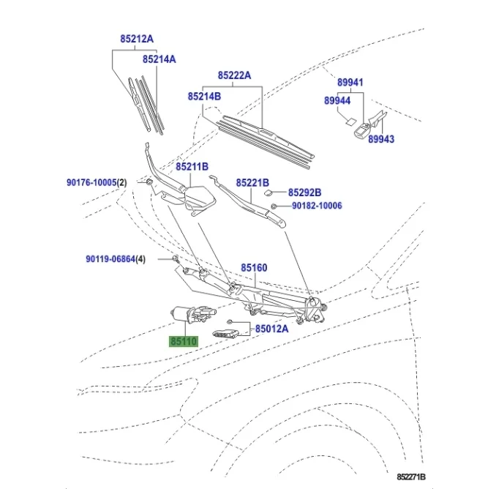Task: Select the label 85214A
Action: pyautogui.click(x=159, y=59)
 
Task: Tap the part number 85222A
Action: pyautogui.click(x=234, y=75)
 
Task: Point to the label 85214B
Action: pyautogui.click(x=204, y=96)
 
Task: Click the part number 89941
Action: pyautogui.click(x=350, y=83)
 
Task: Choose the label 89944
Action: pyautogui.click(x=337, y=100)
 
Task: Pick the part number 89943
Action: pyautogui.click(x=380, y=138)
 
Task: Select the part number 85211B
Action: pyautogui.click(x=192, y=167)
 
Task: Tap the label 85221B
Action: pyautogui.click(x=252, y=182)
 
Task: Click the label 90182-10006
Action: pyautogui.click(x=317, y=206)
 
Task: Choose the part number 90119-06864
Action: pyautogui.click(x=110, y=258)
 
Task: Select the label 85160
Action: pyautogui.click(x=255, y=268)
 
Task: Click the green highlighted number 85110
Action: pyautogui.click(x=184, y=341)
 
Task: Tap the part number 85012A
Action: pyautogui.click(x=272, y=329)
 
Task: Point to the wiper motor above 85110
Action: pyautogui.click(x=192, y=313)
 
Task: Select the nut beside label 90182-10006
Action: pyautogui.click(x=274, y=207)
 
